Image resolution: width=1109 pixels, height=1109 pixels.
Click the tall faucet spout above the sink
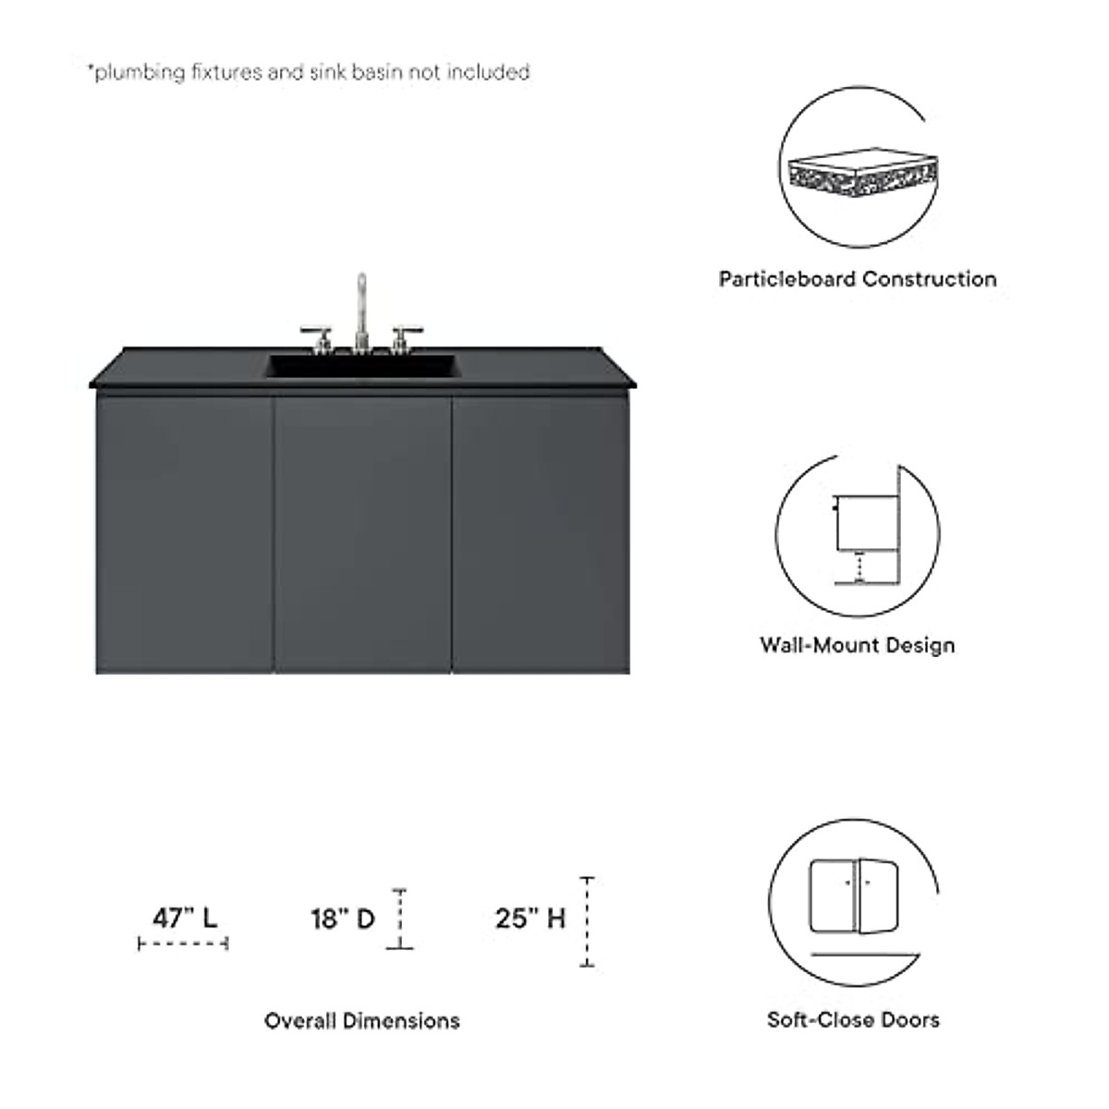[x=361, y=305]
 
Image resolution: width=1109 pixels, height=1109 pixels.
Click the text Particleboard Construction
[x=858, y=279]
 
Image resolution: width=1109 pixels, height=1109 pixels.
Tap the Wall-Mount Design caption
[x=857, y=645]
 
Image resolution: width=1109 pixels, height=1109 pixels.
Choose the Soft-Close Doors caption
[x=853, y=1020]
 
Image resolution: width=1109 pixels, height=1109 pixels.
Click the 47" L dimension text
[x=185, y=918]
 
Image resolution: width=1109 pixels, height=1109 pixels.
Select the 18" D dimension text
[x=342, y=919]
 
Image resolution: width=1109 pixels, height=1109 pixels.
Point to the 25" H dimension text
[x=530, y=919]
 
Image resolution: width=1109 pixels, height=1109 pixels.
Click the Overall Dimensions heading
[x=361, y=1021]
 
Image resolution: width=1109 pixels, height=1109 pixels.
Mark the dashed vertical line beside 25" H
[x=587, y=921]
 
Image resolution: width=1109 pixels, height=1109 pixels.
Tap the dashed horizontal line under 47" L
[x=183, y=944]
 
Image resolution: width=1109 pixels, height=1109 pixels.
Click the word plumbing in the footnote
[x=140, y=72]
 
